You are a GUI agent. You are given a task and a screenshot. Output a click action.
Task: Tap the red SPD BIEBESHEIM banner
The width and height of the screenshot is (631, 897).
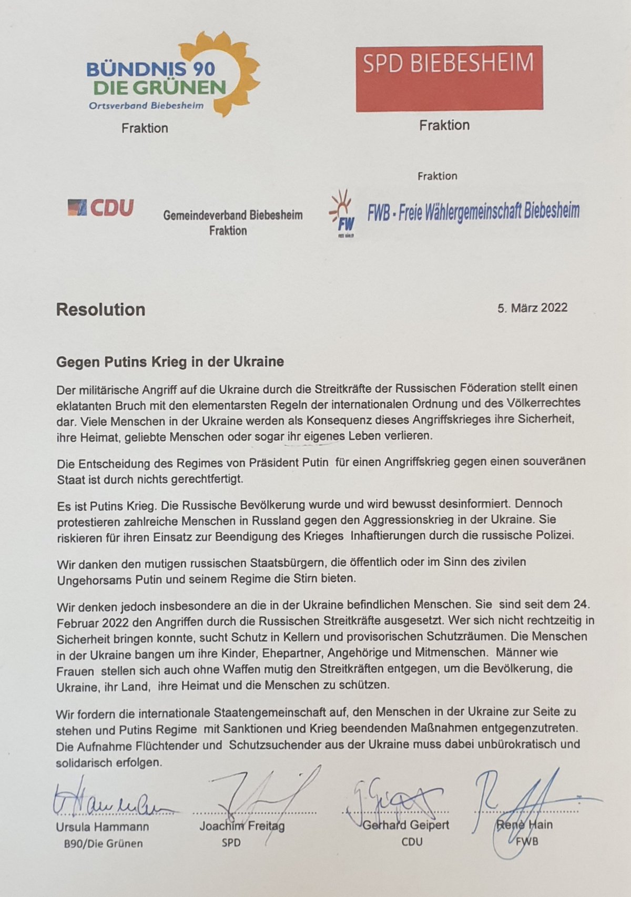(x=449, y=78)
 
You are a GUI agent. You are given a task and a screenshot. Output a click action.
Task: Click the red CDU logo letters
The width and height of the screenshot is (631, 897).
(x=111, y=208)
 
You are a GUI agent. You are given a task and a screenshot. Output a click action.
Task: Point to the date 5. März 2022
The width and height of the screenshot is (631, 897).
(x=532, y=308)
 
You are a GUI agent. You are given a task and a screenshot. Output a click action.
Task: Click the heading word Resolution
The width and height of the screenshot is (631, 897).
(x=100, y=310)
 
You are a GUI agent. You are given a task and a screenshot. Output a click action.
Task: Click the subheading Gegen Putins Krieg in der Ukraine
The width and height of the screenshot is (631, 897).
(x=170, y=362)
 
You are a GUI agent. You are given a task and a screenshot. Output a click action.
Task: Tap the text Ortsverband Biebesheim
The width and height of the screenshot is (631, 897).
(x=146, y=106)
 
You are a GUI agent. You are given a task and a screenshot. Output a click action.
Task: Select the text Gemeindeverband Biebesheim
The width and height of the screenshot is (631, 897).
(x=232, y=215)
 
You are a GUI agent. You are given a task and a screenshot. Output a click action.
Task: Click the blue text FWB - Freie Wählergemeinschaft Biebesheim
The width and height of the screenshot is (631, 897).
(x=473, y=211)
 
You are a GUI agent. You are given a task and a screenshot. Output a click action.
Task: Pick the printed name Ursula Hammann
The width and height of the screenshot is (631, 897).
(x=103, y=827)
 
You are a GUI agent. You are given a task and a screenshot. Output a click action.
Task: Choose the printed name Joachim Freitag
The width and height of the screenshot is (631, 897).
(x=242, y=826)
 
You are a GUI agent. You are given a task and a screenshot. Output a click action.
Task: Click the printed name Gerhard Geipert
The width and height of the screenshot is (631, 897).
(x=406, y=824)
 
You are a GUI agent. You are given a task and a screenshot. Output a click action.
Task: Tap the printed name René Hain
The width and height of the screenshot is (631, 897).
(x=525, y=824)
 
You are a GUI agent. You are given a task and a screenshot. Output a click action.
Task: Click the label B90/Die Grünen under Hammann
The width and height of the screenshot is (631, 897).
(x=103, y=844)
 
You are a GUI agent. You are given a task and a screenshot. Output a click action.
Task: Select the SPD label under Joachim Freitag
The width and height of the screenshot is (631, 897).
(x=231, y=843)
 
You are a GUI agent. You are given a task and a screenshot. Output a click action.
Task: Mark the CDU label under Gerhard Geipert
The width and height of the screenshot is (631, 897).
(x=412, y=842)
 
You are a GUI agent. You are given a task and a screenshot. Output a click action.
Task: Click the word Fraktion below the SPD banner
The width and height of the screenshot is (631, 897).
(x=444, y=126)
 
